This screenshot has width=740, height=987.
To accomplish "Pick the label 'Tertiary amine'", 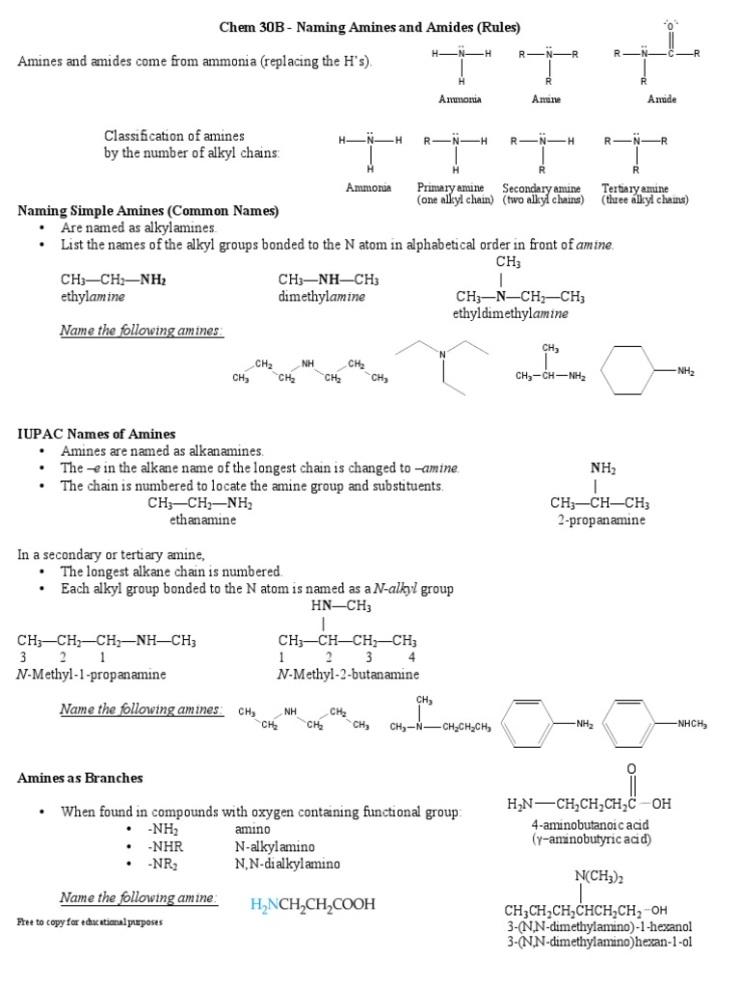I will click(x=635, y=188).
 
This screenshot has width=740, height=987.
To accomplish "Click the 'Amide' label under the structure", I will click(x=660, y=99).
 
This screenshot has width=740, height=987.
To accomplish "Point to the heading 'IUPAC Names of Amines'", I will click(x=96, y=435).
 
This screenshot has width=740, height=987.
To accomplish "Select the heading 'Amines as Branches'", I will click(x=80, y=777).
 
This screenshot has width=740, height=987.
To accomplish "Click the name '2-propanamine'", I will click(x=601, y=520).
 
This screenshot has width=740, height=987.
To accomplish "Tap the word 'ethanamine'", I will click(x=202, y=520).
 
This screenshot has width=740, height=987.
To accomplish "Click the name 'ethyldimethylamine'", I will click(x=511, y=314).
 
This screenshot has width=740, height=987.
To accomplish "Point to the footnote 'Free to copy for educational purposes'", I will click(x=90, y=922).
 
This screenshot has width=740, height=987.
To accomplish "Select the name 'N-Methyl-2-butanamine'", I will click(x=348, y=675).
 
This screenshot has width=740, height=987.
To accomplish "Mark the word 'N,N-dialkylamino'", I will click(x=287, y=864).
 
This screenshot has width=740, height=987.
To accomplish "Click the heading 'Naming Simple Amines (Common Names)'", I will click(x=148, y=210).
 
